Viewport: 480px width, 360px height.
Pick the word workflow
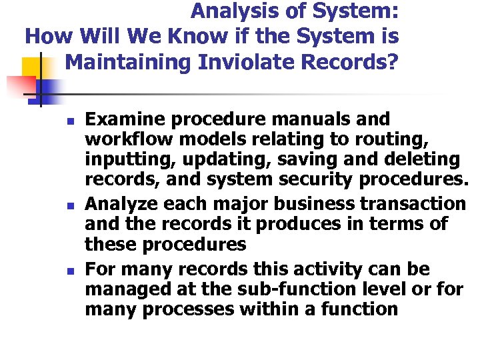pos(121,141)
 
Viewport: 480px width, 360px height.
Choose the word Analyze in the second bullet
pos(122,203)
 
